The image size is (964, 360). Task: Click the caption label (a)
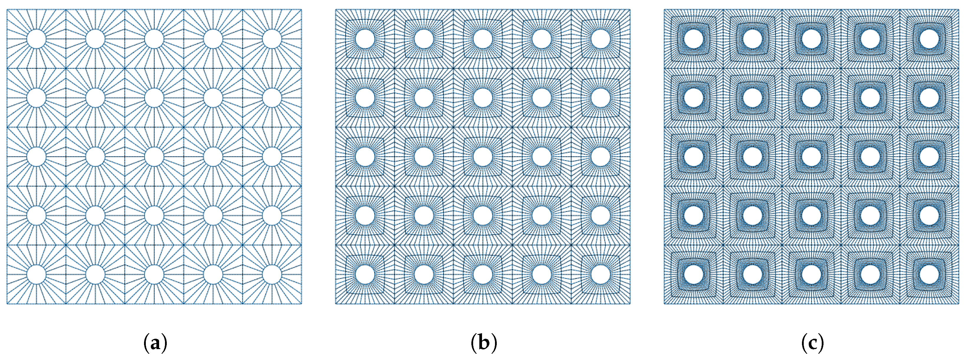155,343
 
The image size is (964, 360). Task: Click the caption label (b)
483,343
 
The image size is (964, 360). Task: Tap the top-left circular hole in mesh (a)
36,39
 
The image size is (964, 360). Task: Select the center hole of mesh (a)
154,156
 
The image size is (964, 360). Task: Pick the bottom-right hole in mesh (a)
272,274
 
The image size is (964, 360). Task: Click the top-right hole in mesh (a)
272,39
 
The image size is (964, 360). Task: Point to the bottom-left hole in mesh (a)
36,274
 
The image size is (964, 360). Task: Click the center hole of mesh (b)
483,156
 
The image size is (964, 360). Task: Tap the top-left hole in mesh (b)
365,39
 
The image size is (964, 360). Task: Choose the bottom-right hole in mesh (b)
601,274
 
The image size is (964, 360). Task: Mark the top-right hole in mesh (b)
601,39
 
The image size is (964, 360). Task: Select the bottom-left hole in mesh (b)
365,274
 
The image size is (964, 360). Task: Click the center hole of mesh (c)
812,156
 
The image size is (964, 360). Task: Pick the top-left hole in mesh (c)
693,39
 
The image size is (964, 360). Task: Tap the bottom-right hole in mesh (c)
929,274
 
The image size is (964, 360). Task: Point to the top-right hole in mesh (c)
929,39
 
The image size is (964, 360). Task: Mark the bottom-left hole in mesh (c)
693,274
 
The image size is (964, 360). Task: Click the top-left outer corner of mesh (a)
7,10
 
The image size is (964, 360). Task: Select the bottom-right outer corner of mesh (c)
959,304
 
